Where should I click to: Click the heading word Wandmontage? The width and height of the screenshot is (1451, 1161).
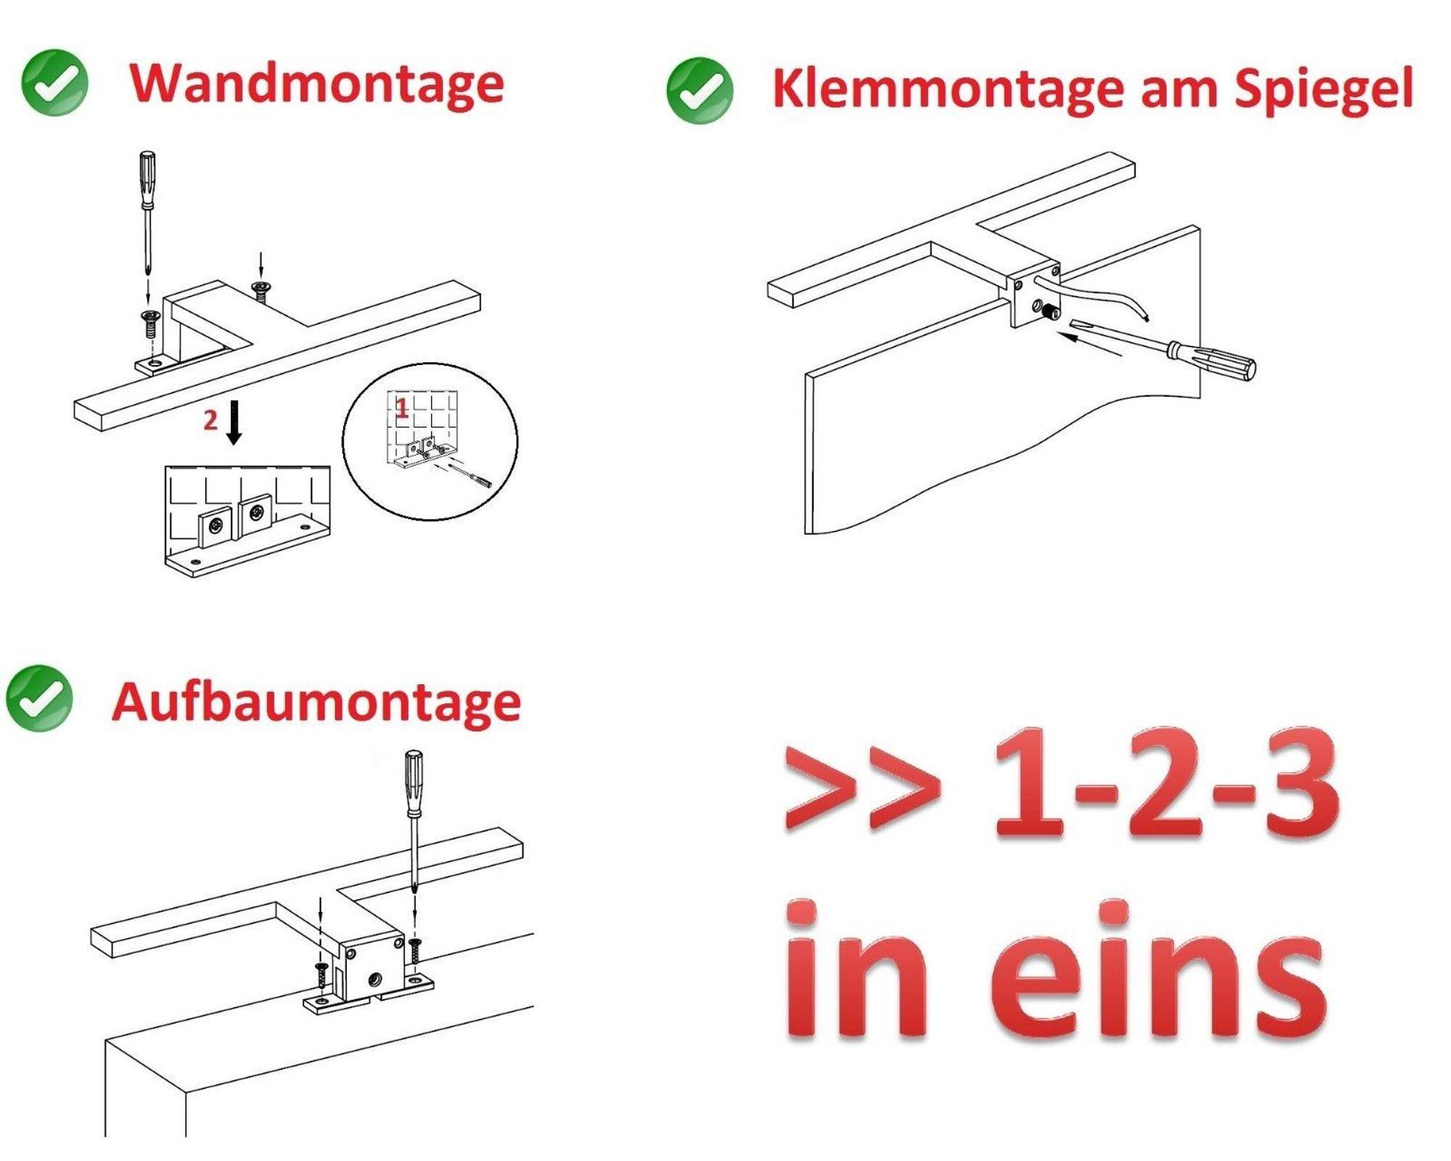tap(316, 85)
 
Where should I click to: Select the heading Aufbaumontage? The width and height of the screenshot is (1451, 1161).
tap(316, 702)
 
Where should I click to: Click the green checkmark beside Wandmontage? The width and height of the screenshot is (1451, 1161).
tap(54, 83)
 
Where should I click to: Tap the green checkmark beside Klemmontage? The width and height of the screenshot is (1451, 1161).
tap(699, 90)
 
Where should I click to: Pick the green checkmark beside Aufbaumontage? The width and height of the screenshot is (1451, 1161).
tap(39, 697)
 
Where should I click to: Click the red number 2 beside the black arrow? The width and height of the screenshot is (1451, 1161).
tap(210, 420)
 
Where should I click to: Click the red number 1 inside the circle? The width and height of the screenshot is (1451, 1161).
tap(402, 409)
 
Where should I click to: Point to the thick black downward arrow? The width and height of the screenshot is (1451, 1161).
tap(234, 422)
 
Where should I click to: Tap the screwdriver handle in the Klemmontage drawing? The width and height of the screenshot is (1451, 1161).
tap(1226, 361)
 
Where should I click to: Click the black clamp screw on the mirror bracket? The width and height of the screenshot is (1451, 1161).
tap(1049, 312)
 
